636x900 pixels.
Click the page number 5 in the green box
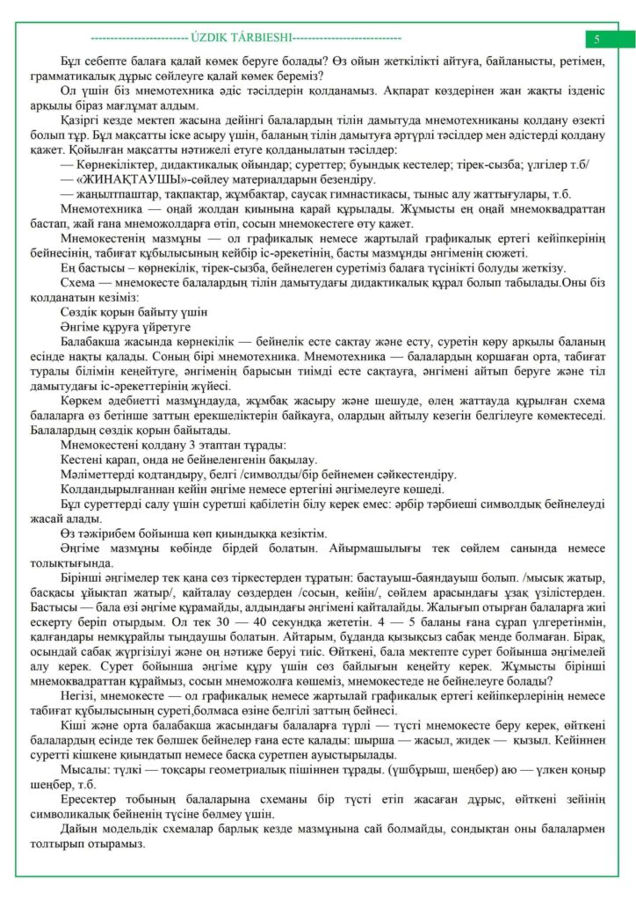tap(596, 39)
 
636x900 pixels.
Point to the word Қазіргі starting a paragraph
tap(81, 116)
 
